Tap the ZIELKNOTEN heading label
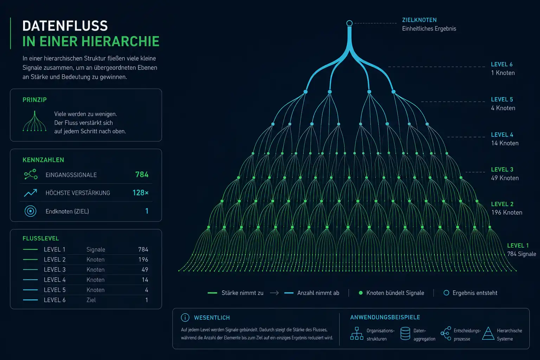coord(419,20)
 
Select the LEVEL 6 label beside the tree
coord(502,64)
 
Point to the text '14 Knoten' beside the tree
coord(505,143)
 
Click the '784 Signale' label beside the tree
coord(521,254)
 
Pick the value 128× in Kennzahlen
coord(140,192)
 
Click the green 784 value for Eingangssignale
coord(142,174)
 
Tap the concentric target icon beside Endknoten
coord(30,211)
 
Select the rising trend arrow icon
coord(30,193)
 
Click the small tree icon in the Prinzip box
coord(34,121)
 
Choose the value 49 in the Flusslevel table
coord(145,270)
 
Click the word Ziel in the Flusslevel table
coord(91,300)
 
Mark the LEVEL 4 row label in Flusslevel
coord(55,280)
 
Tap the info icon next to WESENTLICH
coord(185,317)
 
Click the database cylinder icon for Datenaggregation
coord(405,334)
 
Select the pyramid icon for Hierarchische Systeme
coord(488,334)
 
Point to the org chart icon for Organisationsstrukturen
coord(356,334)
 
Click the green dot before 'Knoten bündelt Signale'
coord(361,293)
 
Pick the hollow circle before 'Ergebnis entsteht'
coord(446,293)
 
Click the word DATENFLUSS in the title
coord(65,26)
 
